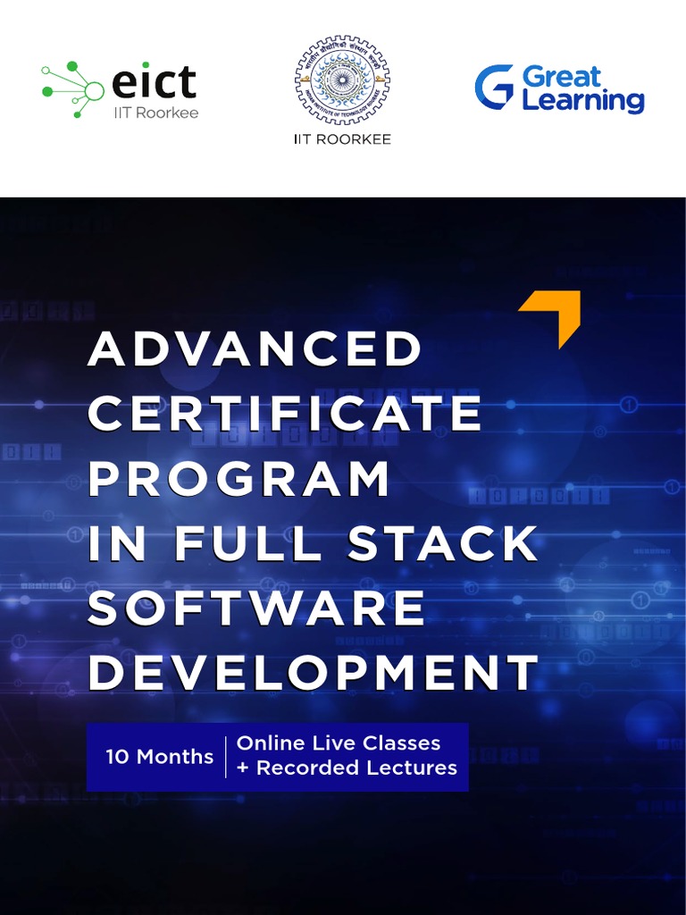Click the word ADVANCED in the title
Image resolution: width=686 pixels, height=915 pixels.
click(x=255, y=348)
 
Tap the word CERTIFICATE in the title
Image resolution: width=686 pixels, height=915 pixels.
click(x=285, y=414)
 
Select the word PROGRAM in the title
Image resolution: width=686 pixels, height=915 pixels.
click(x=238, y=479)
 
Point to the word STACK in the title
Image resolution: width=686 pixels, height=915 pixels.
click(x=441, y=544)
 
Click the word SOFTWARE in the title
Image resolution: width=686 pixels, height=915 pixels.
click(x=256, y=609)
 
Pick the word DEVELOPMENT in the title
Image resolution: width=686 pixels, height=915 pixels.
click(x=313, y=674)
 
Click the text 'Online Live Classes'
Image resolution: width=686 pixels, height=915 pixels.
click(x=339, y=743)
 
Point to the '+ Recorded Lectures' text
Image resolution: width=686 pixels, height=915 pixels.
click(x=347, y=768)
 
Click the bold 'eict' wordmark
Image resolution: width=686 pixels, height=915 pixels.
click(x=154, y=82)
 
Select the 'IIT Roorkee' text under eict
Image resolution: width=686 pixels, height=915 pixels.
click(x=155, y=113)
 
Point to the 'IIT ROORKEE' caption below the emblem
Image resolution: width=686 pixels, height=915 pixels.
click(x=342, y=139)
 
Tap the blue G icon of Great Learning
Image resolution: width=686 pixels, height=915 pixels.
click(x=494, y=88)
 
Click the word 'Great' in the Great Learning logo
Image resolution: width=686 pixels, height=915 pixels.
click(x=562, y=77)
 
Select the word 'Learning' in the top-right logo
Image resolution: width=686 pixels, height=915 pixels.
click(x=582, y=101)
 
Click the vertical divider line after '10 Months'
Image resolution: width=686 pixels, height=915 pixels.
click(x=225, y=757)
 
